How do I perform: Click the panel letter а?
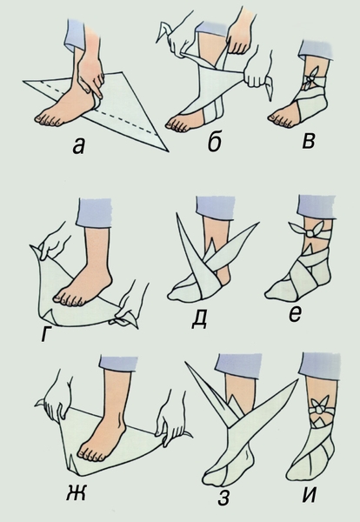click(x=78, y=145)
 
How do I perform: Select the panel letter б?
click(x=214, y=142)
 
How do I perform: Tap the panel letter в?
click(x=308, y=142)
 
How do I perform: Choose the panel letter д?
click(x=199, y=320)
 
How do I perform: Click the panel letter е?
click(x=295, y=314)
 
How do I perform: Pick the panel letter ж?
click(x=76, y=492)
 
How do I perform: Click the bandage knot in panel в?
click(x=311, y=78)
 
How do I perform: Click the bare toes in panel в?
click(x=277, y=121)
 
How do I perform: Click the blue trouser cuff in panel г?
click(x=93, y=212)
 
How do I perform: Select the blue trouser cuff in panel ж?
click(x=119, y=364)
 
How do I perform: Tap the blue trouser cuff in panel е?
click(x=316, y=207)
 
